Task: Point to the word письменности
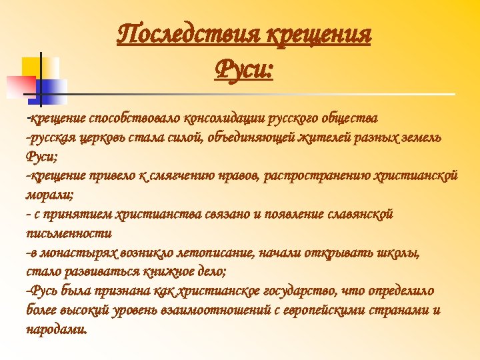[68, 234]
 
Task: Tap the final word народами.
[56, 330]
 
